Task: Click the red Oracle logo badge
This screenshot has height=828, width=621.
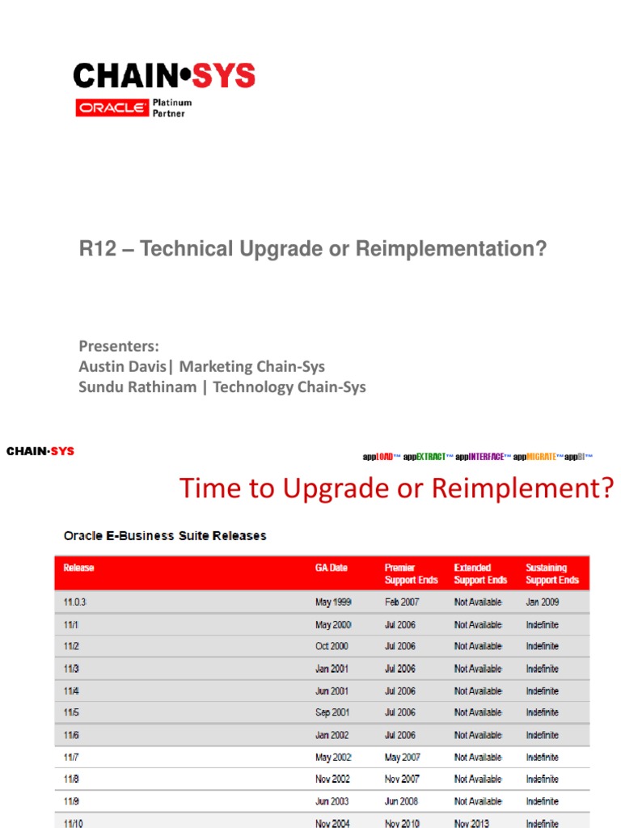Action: [112, 108]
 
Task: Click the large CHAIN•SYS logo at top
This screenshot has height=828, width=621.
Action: [164, 77]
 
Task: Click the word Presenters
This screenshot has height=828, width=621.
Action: [118, 346]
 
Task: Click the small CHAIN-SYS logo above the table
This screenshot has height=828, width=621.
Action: [40, 451]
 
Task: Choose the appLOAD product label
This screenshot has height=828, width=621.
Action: [381, 457]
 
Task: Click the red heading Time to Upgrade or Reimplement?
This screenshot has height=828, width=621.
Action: [397, 488]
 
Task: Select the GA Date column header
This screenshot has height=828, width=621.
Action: [331, 568]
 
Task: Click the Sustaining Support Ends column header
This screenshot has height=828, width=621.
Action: [552, 574]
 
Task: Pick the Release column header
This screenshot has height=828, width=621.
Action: [78, 568]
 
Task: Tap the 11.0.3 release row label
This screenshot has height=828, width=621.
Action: [74, 602]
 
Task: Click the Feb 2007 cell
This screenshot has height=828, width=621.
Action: [400, 602]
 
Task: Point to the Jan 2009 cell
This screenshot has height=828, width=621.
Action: [543, 602]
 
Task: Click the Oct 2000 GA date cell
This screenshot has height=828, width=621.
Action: [332, 646]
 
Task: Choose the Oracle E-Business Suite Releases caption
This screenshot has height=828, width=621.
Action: [165, 535]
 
